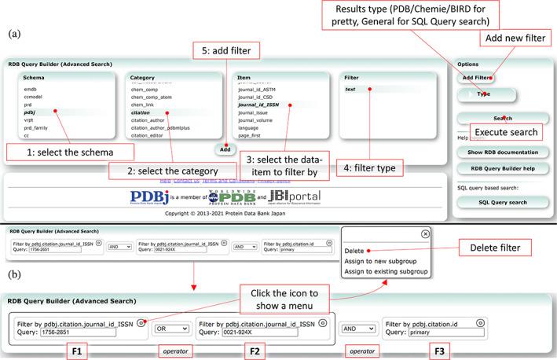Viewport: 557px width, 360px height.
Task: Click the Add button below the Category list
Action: pyautogui.click(x=225, y=149)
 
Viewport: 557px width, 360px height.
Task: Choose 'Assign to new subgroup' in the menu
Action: pyautogui.click(x=381, y=261)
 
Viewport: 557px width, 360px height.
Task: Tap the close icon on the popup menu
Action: pyautogui.click(x=425, y=233)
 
